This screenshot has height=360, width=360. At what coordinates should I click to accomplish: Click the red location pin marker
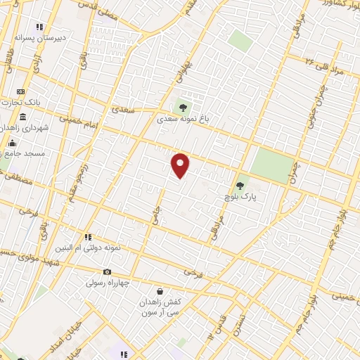click(x=181, y=165)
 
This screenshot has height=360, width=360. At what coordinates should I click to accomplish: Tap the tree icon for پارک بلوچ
click(x=240, y=186)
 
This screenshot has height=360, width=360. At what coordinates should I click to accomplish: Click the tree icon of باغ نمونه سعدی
click(x=183, y=108)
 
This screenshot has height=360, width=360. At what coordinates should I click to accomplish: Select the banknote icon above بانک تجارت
click(x=20, y=91)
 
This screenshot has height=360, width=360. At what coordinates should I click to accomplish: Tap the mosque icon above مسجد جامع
click(x=10, y=143)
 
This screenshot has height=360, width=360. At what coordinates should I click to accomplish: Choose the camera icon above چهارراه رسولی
click(x=107, y=272)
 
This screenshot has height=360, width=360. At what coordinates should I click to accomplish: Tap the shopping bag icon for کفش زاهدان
click(x=160, y=291)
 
